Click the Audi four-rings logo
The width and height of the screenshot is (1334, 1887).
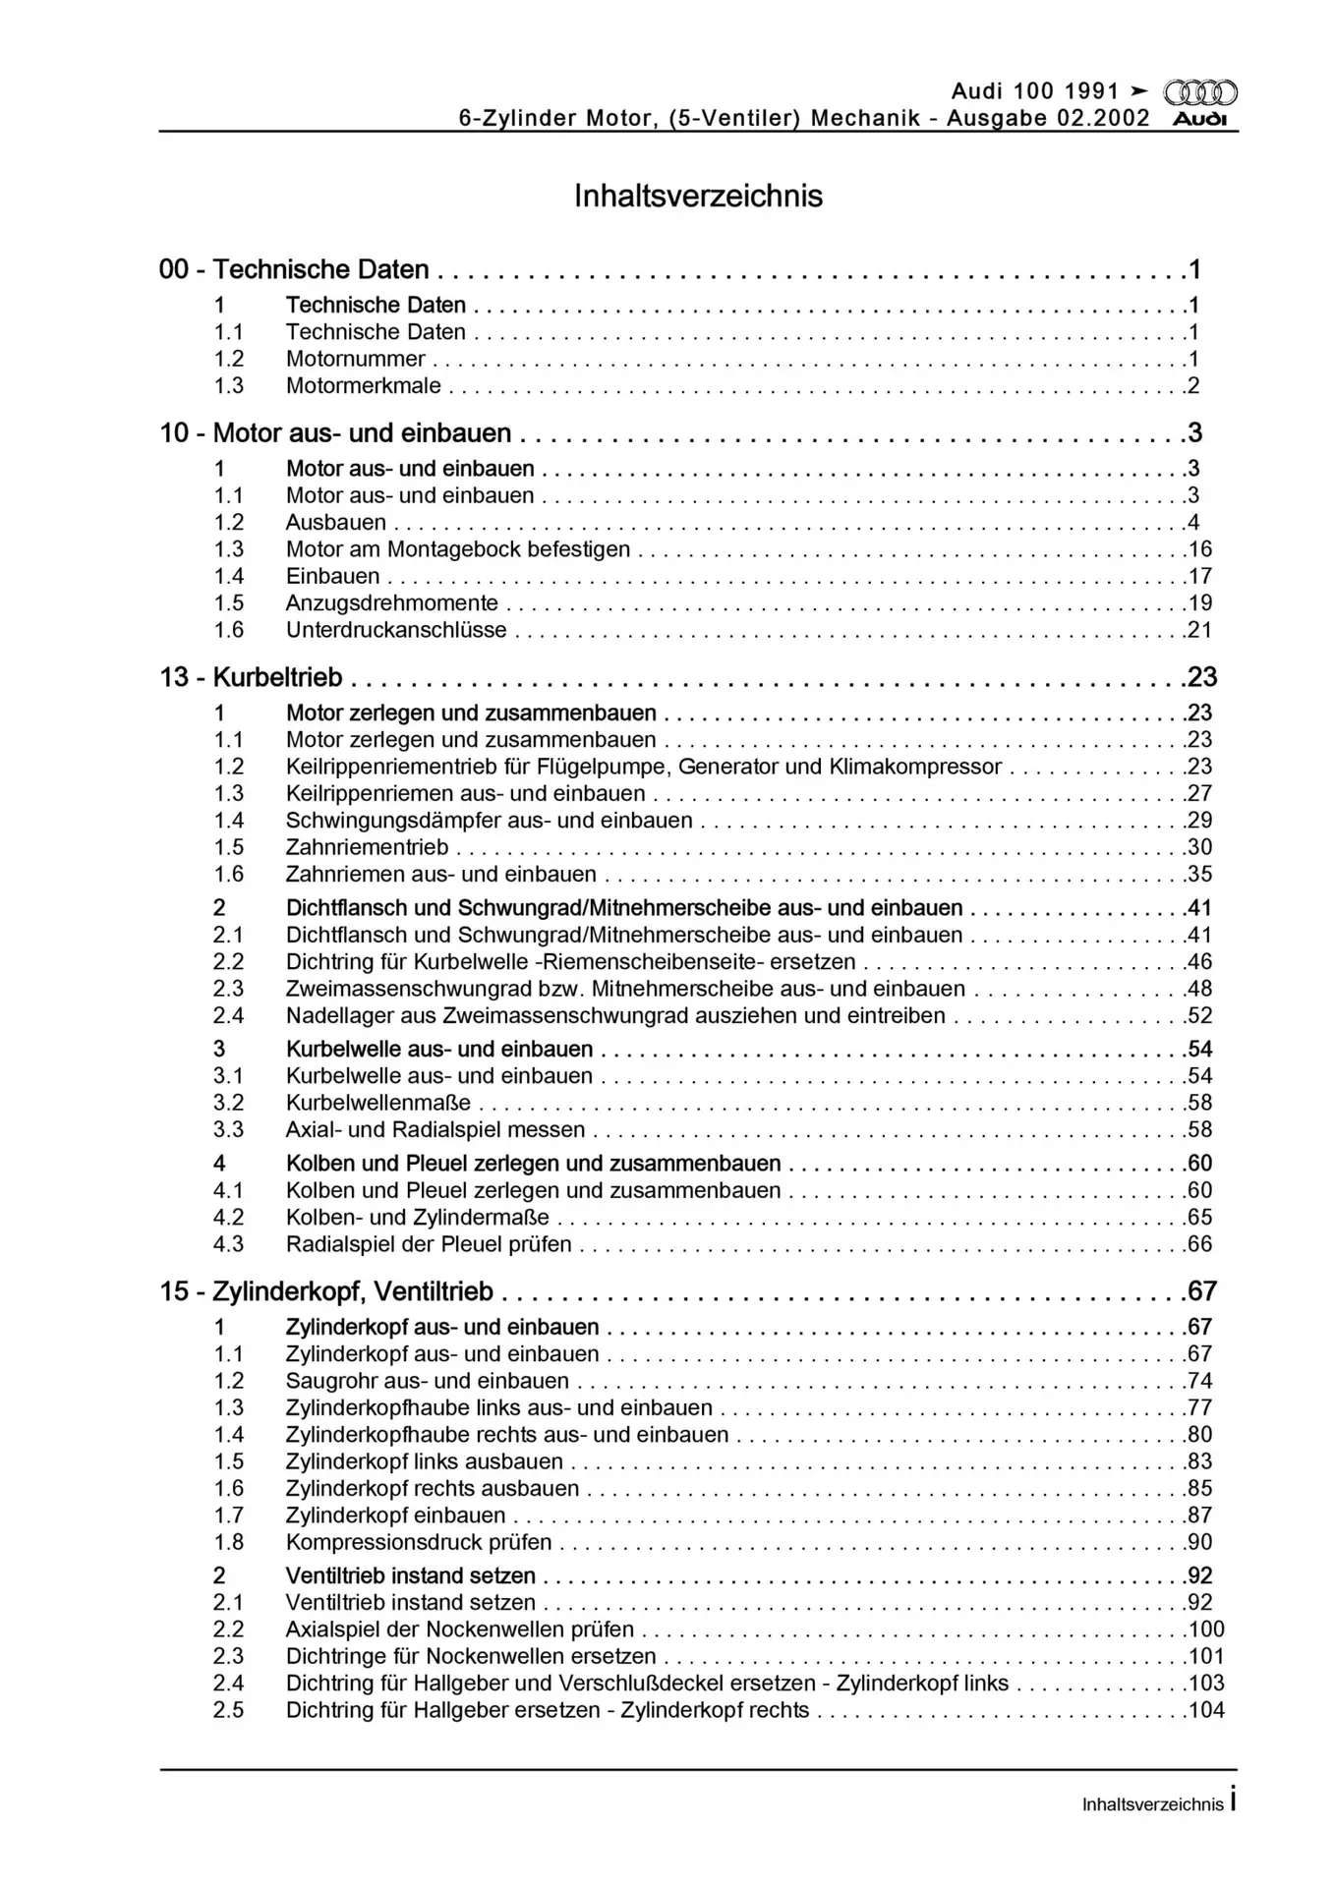[x=1199, y=93]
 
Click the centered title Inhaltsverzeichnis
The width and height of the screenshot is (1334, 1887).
[x=698, y=196]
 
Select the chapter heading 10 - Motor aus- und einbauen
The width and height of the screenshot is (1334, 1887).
[x=336, y=433]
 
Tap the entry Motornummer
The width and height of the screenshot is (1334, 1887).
[x=355, y=360]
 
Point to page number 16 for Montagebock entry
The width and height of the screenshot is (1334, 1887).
[x=1200, y=549]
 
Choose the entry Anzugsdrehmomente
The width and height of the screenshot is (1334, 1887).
[x=391, y=603]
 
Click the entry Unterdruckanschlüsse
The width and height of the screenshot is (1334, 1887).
[x=396, y=630]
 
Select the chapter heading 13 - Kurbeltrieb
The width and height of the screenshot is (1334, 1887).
[x=252, y=677]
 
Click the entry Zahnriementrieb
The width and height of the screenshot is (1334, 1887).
[x=367, y=847]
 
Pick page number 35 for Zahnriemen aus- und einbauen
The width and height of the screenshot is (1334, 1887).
[x=1200, y=875]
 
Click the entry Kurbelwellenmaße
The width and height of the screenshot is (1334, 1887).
[x=378, y=1103]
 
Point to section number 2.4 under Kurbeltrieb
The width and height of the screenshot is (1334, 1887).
[x=228, y=1016]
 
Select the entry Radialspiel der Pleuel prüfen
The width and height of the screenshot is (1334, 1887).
[x=429, y=1244]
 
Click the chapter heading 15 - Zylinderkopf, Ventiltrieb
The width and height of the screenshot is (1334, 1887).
[x=327, y=1291]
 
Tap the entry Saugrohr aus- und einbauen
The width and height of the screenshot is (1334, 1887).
[x=427, y=1381]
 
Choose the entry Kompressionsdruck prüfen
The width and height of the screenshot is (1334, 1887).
[x=419, y=1542]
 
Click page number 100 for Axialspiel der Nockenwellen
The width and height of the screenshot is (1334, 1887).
[x=1206, y=1630]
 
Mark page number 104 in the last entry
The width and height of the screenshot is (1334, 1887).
[x=1206, y=1710]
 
